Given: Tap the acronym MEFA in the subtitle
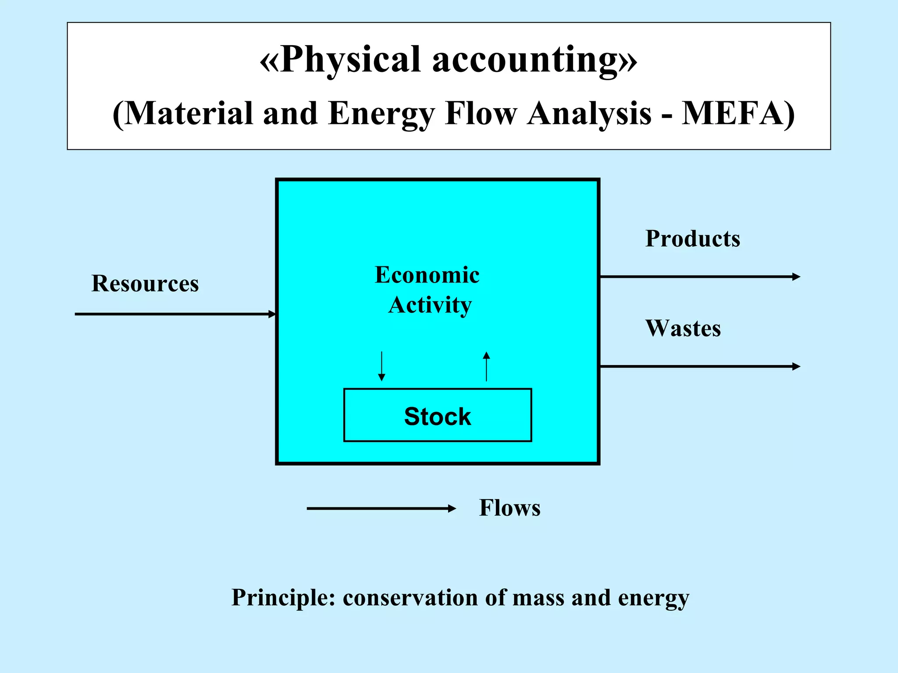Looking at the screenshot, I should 732,113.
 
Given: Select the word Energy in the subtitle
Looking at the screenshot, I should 381,113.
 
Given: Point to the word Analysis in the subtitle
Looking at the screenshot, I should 589,113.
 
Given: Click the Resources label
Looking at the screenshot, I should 145,283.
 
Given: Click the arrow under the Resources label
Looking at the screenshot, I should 175,314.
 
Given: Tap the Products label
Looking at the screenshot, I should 693,239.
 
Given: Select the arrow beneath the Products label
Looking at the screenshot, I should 700,277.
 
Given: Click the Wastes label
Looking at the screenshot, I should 683,328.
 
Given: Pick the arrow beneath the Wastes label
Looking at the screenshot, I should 700,366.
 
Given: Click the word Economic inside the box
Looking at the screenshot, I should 427,275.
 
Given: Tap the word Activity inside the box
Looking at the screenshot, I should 430,305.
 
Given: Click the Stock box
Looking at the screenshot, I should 438,415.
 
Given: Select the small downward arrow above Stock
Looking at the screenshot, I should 381,366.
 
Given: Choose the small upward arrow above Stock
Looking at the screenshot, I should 486,366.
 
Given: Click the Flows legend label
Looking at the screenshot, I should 510,508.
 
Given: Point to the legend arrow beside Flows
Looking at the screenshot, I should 381,509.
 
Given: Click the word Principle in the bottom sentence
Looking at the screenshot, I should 283,598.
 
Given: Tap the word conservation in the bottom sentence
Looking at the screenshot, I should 410,598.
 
